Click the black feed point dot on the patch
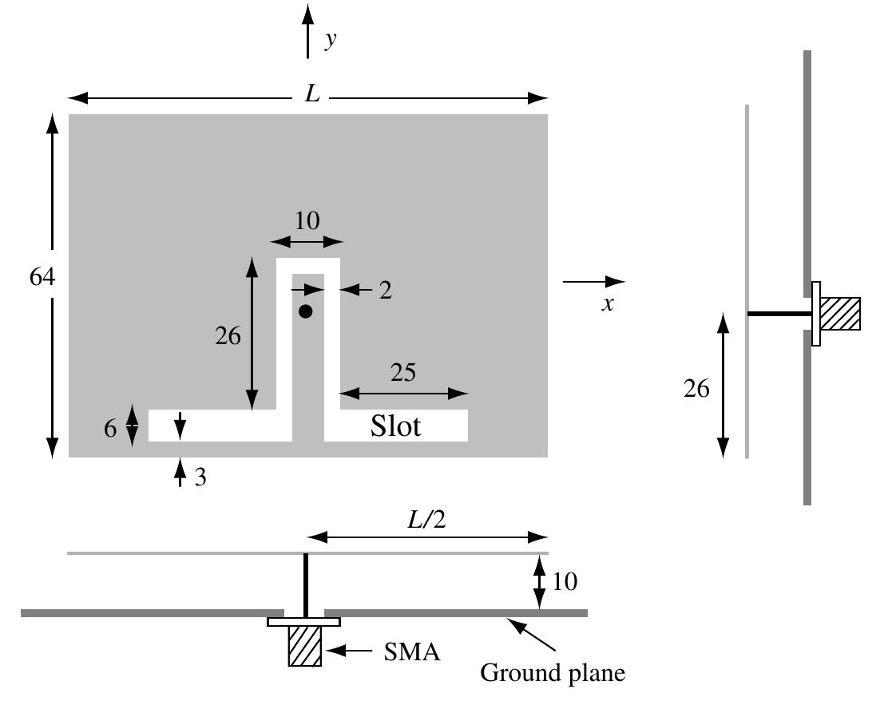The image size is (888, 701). (x=305, y=311)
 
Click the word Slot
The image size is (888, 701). (x=395, y=426)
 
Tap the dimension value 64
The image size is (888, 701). (x=42, y=277)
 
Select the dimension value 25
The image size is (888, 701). (x=402, y=373)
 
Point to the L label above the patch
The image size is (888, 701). (x=311, y=95)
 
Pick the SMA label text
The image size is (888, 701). (x=410, y=652)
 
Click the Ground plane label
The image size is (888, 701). (x=552, y=673)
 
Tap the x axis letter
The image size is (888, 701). (x=608, y=304)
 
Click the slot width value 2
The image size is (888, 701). (x=385, y=291)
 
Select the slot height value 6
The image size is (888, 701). (x=110, y=428)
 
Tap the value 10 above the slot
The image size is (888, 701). (x=306, y=221)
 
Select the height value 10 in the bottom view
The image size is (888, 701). (x=564, y=581)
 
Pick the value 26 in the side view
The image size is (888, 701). (x=696, y=389)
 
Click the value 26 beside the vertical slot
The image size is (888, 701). (x=228, y=336)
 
